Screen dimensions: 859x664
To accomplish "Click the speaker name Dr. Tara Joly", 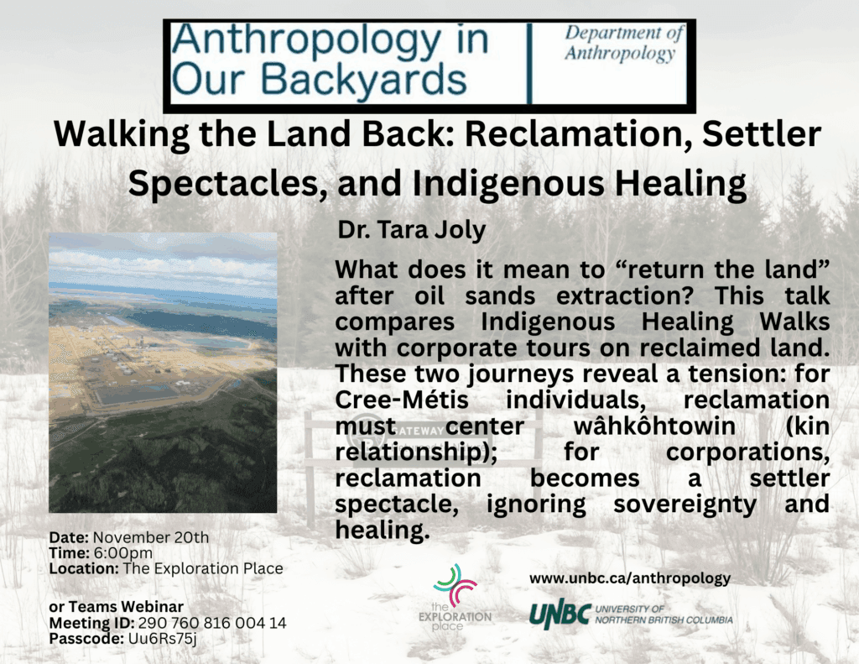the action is (411, 230).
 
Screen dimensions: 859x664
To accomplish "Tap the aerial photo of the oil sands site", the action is (163, 373).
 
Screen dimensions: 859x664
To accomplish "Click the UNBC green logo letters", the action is (560, 615).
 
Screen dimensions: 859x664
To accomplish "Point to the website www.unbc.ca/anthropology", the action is (629, 578).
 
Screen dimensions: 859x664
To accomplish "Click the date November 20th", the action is (151, 537).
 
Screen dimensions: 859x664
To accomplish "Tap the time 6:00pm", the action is (123, 552).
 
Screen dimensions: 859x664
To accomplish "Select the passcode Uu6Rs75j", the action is (162, 639).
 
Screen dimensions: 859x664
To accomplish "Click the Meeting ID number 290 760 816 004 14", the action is (212, 623).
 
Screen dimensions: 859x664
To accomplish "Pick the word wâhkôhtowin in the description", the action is (654, 426).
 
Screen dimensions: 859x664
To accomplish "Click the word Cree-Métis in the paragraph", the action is (402, 400).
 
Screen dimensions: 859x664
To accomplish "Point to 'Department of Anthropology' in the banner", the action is (624, 44).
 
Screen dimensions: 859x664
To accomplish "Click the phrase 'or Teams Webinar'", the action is (116, 607).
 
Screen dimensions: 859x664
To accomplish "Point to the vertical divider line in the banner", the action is (529, 63).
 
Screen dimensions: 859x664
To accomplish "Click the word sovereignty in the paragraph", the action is (685, 505).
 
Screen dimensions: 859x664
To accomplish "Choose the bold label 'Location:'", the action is (84, 568).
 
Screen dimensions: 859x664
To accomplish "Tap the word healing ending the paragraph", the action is (382, 531).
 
